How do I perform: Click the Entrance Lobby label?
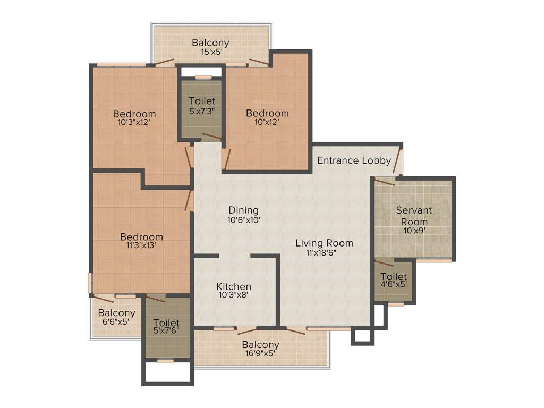pos(354,160)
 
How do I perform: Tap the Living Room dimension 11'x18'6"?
pos(324,253)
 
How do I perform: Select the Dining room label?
pos(243,210)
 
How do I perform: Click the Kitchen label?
pos(234,286)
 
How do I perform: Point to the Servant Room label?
pos(414,216)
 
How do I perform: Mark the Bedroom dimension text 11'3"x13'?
pos(141,245)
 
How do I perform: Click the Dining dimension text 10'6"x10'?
pos(243,219)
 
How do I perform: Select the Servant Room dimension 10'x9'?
pos(414,231)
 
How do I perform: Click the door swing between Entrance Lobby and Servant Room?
pos(384,181)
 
